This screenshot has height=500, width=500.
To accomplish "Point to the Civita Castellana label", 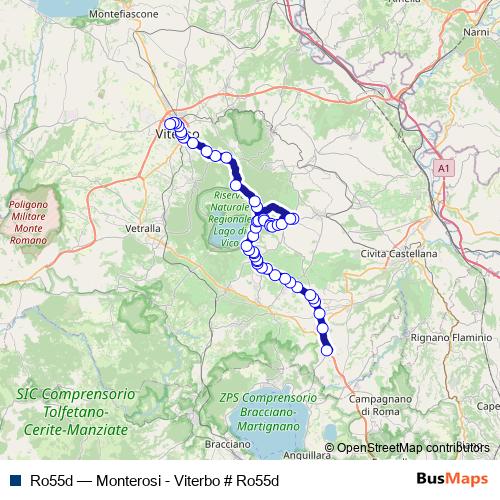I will pos(399,254).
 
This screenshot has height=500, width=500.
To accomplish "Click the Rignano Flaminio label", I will pos(423,338).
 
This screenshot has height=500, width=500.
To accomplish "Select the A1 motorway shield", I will pos(443,170).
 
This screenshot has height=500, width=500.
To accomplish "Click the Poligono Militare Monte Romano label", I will pos(35,222).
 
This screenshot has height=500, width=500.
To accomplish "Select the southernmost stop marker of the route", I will pos(326,349).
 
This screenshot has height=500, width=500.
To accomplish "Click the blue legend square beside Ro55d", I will pos(12,479).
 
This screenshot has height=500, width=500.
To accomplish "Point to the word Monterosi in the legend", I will pos(124,479).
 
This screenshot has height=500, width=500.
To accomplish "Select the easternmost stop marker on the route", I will pos(293,218).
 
